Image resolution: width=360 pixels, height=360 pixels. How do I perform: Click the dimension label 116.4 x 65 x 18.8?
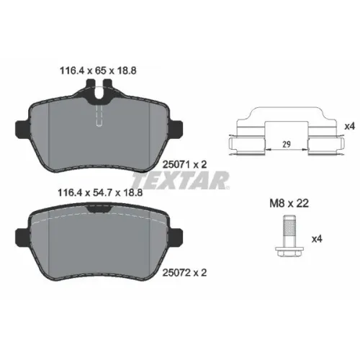98,71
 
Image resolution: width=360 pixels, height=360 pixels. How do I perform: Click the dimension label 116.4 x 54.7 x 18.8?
100,192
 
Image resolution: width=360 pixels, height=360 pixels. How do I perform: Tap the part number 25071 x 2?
184,164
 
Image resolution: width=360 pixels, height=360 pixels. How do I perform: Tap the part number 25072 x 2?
184,272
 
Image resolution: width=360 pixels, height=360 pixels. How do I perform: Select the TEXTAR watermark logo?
181,180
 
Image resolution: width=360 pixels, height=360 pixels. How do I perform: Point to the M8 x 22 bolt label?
289,204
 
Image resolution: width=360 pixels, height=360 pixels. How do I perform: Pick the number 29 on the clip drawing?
287,144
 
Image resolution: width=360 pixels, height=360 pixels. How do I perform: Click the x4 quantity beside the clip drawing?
349,126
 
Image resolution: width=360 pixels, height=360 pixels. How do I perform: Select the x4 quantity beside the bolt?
317,239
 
